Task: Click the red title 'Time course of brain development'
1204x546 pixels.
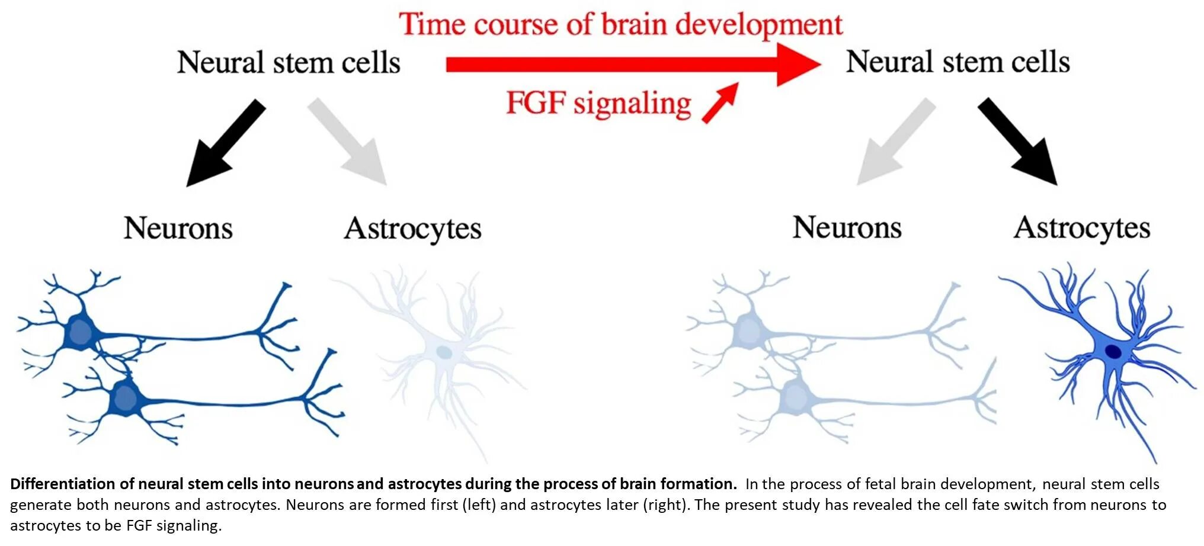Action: pyautogui.click(x=620, y=25)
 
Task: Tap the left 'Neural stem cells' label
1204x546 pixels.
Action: pyautogui.click(x=289, y=62)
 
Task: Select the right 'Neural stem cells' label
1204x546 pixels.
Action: pyautogui.click(x=958, y=62)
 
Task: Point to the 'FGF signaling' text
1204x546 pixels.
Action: pyautogui.click(x=598, y=104)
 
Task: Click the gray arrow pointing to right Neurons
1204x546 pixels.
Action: pyautogui.click(x=895, y=142)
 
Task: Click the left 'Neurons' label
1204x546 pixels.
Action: pyautogui.click(x=178, y=228)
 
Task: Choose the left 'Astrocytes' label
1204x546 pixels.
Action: pyautogui.click(x=412, y=229)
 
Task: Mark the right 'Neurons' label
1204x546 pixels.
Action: pyautogui.click(x=847, y=227)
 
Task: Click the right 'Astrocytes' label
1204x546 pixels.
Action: pyautogui.click(x=1082, y=228)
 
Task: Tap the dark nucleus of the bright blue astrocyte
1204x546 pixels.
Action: pyautogui.click(x=1114, y=352)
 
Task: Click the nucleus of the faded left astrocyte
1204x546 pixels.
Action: pyautogui.click(x=444, y=353)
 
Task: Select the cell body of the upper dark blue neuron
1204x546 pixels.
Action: pyautogui.click(x=79, y=333)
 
